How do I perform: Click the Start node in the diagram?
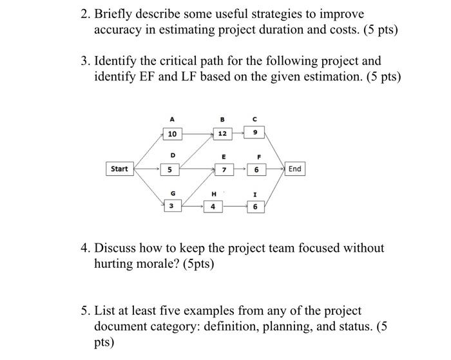pyautogui.click(x=119, y=169)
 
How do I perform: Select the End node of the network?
pyautogui.click(x=294, y=169)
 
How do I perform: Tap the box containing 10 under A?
pyautogui.click(x=171, y=134)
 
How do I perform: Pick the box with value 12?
pyautogui.click(x=222, y=134)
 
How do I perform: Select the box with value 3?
pyautogui.click(x=171, y=205)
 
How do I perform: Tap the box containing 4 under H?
pyautogui.click(x=213, y=206)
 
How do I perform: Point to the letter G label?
pyautogui.click(x=171, y=192)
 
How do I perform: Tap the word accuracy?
pyautogui.click(x=120, y=30)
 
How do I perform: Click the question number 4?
pyautogui.click(x=84, y=248)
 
